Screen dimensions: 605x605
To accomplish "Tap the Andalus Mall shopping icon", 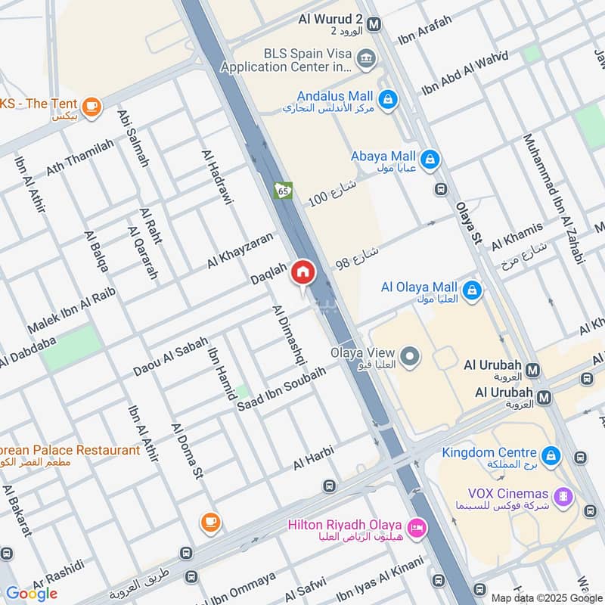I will point(387,99).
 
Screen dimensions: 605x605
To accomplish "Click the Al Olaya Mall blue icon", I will point(472,290).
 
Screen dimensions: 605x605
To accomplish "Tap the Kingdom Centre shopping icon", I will point(552,455).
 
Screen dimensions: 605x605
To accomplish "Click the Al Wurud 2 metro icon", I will point(373,24).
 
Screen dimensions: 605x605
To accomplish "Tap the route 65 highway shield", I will point(283,191).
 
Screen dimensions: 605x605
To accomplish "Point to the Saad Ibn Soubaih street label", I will point(281,389).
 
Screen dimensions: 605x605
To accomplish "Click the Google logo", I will point(32,593).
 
